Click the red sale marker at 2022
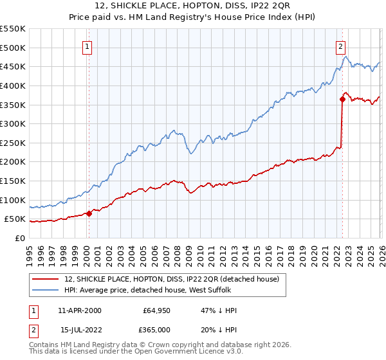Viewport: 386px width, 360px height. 342,99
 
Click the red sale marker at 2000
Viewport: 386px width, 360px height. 89,213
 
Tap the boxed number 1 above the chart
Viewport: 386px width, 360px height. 87,46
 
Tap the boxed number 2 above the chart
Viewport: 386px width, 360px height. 340,46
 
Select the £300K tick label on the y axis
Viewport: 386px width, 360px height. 13,123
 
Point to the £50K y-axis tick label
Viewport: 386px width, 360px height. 15,219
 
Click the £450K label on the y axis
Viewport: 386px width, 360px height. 13,66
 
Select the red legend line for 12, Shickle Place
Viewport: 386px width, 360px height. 46,279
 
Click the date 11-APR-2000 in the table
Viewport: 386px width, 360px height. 79,310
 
